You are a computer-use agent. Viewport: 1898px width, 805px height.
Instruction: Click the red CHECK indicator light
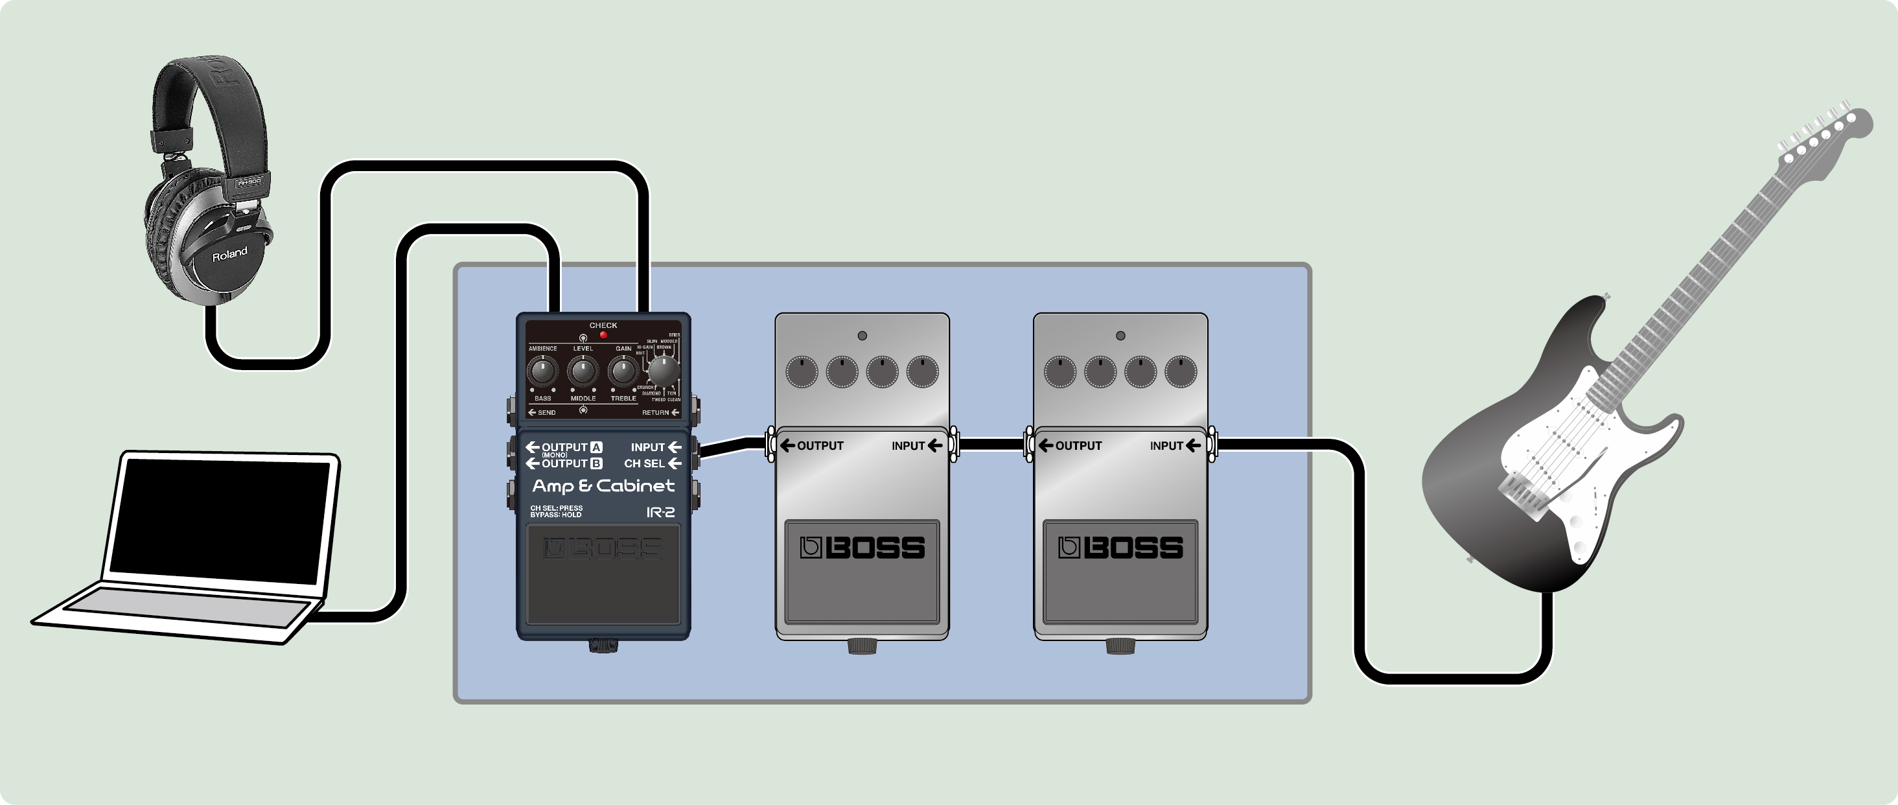(603, 334)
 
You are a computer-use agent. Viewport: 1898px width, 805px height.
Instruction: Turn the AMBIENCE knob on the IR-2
(543, 371)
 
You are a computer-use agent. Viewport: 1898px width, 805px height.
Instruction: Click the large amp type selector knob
(663, 371)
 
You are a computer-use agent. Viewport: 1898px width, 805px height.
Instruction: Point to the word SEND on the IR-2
(546, 413)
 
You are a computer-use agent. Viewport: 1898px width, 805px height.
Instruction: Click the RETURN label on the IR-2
(655, 413)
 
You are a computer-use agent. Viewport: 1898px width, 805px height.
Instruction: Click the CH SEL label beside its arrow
(644, 463)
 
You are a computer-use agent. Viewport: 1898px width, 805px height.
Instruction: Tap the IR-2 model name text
(660, 512)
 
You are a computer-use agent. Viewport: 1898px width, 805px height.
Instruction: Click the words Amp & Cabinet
(603, 486)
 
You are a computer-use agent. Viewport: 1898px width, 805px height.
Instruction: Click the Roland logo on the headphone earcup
(229, 254)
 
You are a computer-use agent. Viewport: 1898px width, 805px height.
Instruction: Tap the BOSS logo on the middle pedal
(862, 548)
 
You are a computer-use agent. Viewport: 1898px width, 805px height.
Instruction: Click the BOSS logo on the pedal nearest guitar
(1120, 548)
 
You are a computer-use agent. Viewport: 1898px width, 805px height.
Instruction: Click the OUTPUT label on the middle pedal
(819, 446)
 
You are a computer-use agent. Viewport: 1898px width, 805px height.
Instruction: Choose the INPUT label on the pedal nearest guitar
(1166, 446)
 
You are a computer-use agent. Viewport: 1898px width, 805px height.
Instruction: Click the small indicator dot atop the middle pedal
(862, 336)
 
